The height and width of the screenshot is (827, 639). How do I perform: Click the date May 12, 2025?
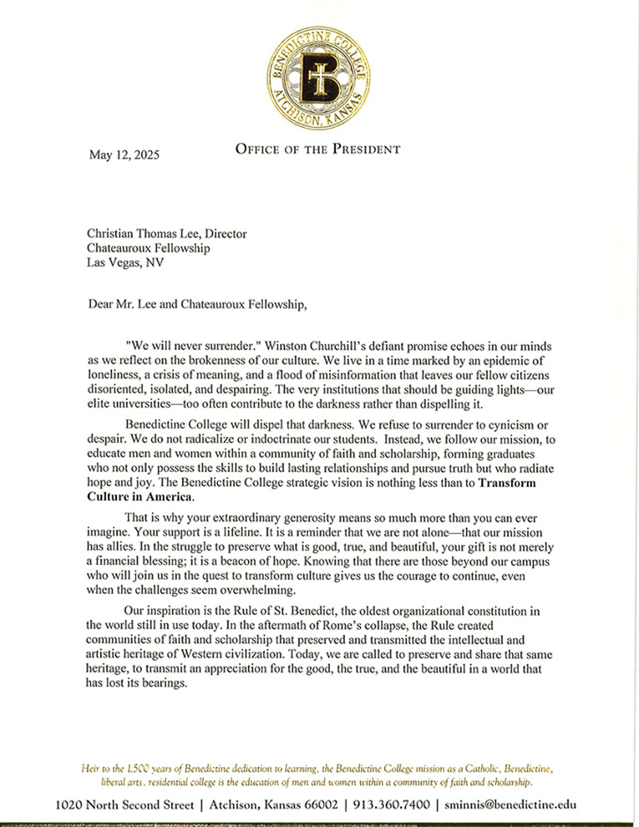[124, 155]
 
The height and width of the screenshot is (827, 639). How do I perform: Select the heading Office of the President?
[317, 150]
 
